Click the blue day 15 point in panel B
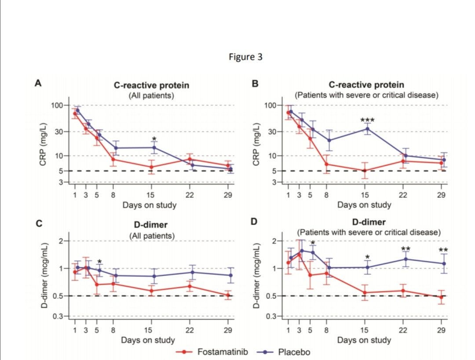tap(368, 128)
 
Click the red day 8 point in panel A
tap(113, 159)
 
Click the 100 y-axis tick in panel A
tap(57, 105)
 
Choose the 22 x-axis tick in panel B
tap(402, 196)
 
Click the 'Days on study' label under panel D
tap(364, 340)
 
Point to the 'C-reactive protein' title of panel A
tap(151, 85)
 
